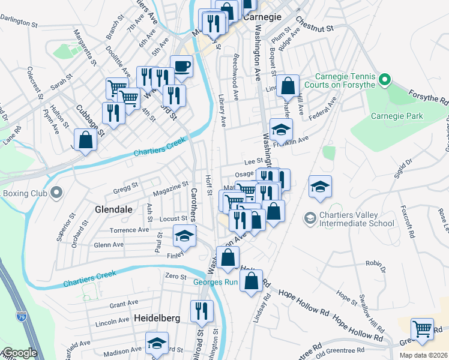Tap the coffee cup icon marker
coord(181,66)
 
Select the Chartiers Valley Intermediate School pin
coord(310,216)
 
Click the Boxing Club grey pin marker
coord(56,193)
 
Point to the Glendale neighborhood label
coord(111,210)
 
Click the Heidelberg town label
coord(157,318)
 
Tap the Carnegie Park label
coord(397,116)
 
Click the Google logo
coord(20,353)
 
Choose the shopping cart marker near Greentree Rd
coord(423,329)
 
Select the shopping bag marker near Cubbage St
coord(86,140)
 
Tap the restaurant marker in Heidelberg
coord(202,311)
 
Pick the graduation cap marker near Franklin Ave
coord(281,130)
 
